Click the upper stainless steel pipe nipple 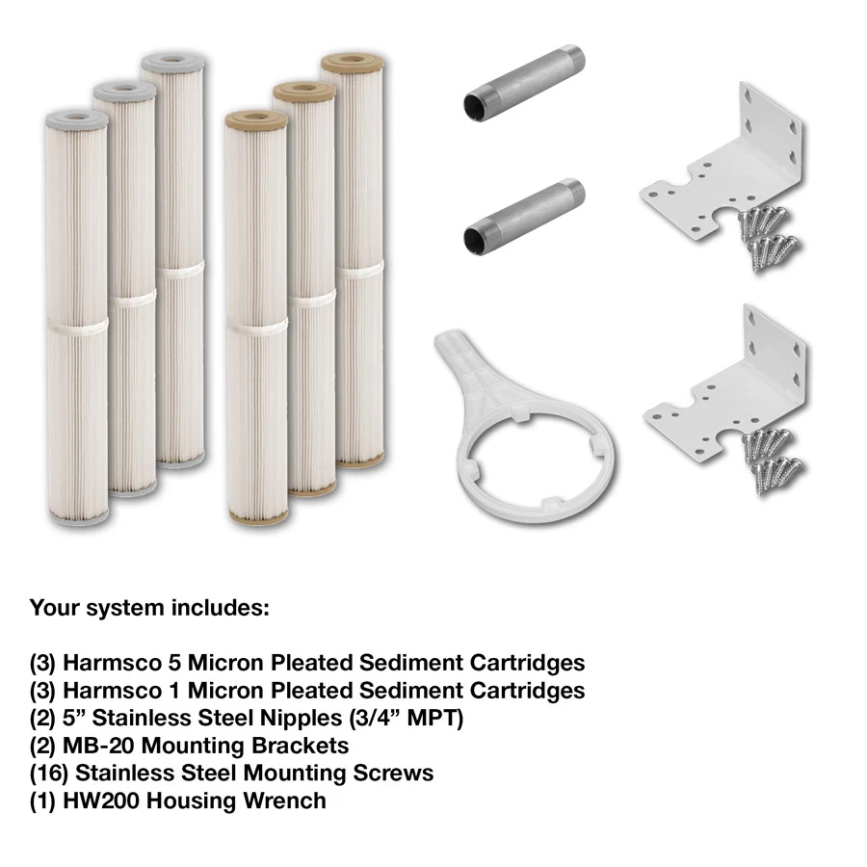click(x=524, y=83)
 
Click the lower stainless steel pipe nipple click(x=524, y=217)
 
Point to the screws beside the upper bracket click(x=770, y=237)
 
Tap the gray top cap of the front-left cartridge click(x=76, y=119)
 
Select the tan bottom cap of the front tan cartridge click(x=257, y=517)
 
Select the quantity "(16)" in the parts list click(x=49, y=773)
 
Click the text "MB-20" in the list click(x=99, y=746)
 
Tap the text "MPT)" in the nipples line click(x=435, y=719)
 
